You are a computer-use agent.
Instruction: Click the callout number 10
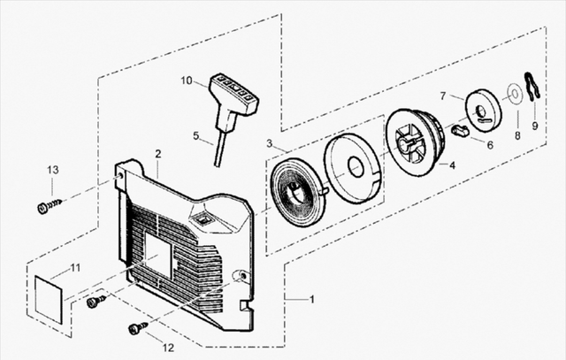pyautogui.click(x=187, y=80)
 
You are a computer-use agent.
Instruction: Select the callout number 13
pyautogui.click(x=53, y=170)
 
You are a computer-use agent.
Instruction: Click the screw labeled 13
pyautogui.click(x=50, y=206)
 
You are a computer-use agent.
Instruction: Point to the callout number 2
pyautogui.click(x=157, y=154)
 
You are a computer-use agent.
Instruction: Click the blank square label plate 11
pyautogui.click(x=49, y=299)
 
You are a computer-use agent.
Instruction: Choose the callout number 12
pyautogui.click(x=168, y=348)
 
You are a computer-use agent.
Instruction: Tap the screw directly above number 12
pyautogui.click(x=138, y=328)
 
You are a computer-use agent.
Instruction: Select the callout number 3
pyautogui.click(x=269, y=143)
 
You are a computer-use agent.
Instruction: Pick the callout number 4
pyautogui.click(x=452, y=165)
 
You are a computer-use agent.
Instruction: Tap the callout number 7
pyautogui.click(x=443, y=96)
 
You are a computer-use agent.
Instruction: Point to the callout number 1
pyautogui.click(x=312, y=300)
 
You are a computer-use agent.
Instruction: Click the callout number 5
pyautogui.click(x=195, y=135)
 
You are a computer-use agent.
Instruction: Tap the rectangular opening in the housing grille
pyautogui.click(x=157, y=255)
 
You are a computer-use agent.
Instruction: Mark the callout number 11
pyautogui.click(x=74, y=267)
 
